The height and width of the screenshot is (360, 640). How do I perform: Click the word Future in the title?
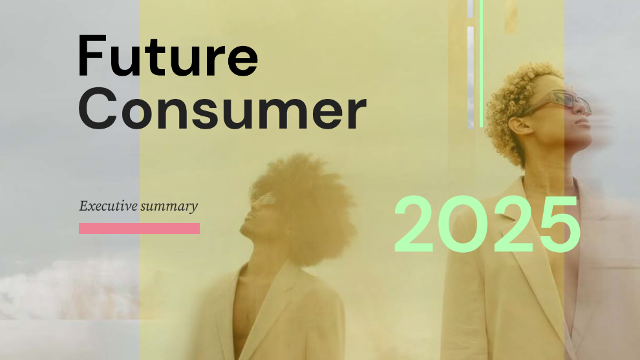pos(167,57)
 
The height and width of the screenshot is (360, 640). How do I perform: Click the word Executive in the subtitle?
pos(107,206)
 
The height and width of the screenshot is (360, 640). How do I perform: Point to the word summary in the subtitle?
pos(169,207)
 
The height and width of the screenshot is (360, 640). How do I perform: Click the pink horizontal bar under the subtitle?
pos(139,228)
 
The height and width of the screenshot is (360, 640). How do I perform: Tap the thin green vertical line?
pos(481,65)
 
